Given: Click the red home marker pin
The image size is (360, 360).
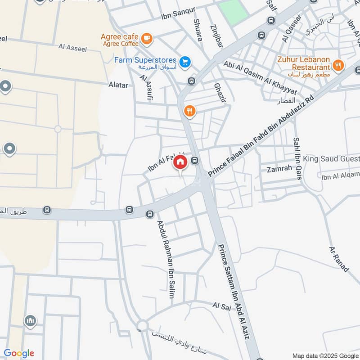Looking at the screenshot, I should pos(180,162).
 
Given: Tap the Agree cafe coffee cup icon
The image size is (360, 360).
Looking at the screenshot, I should pos(146,39).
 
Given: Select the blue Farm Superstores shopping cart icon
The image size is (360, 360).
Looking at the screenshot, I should pos(184,62).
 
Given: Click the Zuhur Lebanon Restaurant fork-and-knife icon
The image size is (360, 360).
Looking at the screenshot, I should pos(339,66).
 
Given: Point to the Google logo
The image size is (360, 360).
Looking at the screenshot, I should pos(18,353).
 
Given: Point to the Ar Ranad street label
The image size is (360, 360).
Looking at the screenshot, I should pos(339,259).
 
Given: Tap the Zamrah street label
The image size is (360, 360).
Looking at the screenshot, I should pos(276,170).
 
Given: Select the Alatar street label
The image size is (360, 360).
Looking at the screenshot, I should pos(118,85).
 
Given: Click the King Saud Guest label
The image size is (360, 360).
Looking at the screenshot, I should pos(331,159).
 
